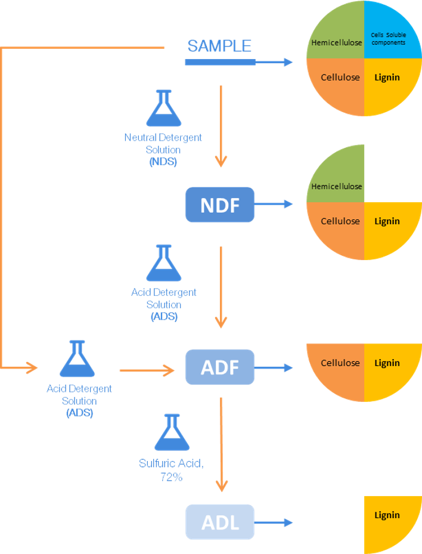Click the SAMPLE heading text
pos(219,46)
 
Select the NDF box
pos(219,205)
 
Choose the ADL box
pos(219,522)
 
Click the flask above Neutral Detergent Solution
pos(163,109)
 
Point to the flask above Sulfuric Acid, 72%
pos(172,432)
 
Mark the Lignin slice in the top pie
pos(389,83)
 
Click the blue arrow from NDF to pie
pos(274,204)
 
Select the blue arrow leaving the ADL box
pos(274,522)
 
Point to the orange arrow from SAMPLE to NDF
pos(221,125)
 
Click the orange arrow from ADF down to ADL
pos(221,444)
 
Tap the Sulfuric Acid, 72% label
pos(172,470)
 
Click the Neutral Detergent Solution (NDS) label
pos(163,149)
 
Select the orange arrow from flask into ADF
pos(147,371)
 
